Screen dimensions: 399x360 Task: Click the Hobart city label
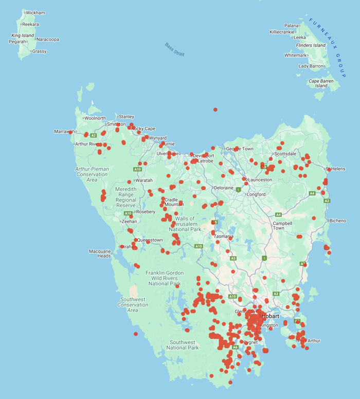click(x=269, y=316)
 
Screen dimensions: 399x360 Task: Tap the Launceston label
click(x=260, y=179)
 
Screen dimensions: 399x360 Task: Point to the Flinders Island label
click(x=311, y=45)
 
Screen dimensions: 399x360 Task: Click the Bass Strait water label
click(x=175, y=49)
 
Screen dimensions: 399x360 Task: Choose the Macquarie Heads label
click(x=100, y=253)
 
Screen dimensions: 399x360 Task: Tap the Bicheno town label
click(x=338, y=221)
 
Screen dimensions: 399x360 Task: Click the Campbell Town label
click(x=282, y=226)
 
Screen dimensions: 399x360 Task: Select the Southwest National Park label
click(x=182, y=345)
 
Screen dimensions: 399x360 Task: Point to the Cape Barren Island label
click(x=321, y=83)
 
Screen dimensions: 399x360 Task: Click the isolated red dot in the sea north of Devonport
click(x=215, y=110)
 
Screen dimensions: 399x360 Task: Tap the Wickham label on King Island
click(x=35, y=12)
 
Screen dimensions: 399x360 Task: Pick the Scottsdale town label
click(x=285, y=154)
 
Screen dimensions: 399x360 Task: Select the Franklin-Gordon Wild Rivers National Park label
click(x=164, y=278)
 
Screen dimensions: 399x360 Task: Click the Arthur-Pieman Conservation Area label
click(x=92, y=174)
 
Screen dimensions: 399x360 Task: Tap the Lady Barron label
click(x=311, y=66)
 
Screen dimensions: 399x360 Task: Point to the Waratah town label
click(x=143, y=180)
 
